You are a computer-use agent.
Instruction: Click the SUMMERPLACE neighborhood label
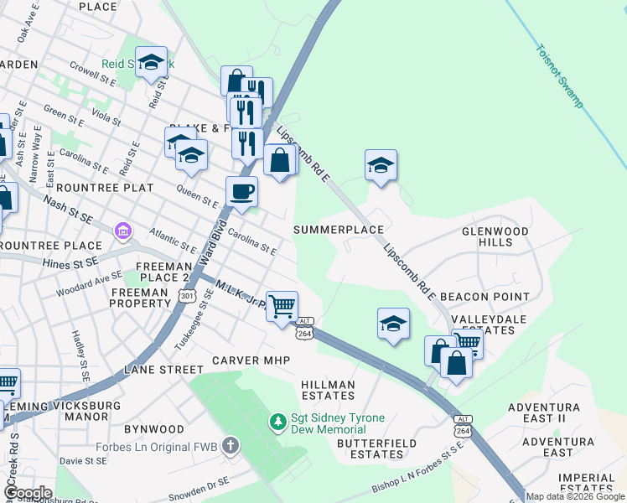[339, 229]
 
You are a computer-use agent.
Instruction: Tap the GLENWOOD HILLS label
[495, 236]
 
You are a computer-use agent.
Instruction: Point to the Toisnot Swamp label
[559, 75]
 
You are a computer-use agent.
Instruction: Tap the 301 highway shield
[186, 295]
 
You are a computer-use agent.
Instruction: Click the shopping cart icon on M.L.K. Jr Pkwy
[282, 306]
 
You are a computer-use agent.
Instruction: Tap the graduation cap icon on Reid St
[152, 62]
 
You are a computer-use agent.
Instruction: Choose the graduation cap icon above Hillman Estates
[392, 323]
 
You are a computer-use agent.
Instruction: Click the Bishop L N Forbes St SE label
[417, 480]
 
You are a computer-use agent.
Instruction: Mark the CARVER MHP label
[250, 360]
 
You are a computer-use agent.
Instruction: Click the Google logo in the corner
[27, 493]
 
